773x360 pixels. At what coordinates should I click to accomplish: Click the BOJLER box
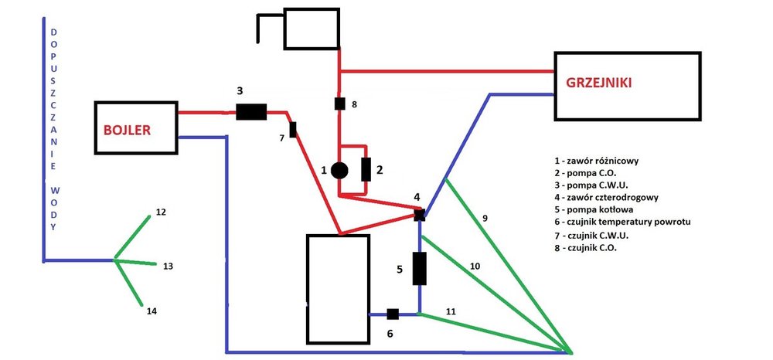point(136,129)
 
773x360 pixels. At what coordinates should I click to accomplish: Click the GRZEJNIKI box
point(627,86)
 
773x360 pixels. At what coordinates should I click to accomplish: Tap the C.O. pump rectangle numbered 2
point(366,168)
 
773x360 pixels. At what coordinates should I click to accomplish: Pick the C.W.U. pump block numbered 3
point(250,112)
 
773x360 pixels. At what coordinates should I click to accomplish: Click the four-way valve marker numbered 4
point(419,215)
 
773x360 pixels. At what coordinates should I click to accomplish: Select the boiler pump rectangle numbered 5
point(420,267)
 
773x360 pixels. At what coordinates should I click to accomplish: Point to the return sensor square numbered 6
point(392,314)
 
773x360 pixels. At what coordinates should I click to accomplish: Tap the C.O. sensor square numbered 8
point(339,103)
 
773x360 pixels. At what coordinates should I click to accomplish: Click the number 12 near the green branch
point(160,212)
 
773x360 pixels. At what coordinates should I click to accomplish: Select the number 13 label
point(167,266)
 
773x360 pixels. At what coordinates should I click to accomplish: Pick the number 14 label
point(152,311)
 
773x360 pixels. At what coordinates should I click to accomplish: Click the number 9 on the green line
point(485,219)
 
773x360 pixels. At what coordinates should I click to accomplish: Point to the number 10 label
point(475,266)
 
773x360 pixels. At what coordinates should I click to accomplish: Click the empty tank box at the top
point(312,29)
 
